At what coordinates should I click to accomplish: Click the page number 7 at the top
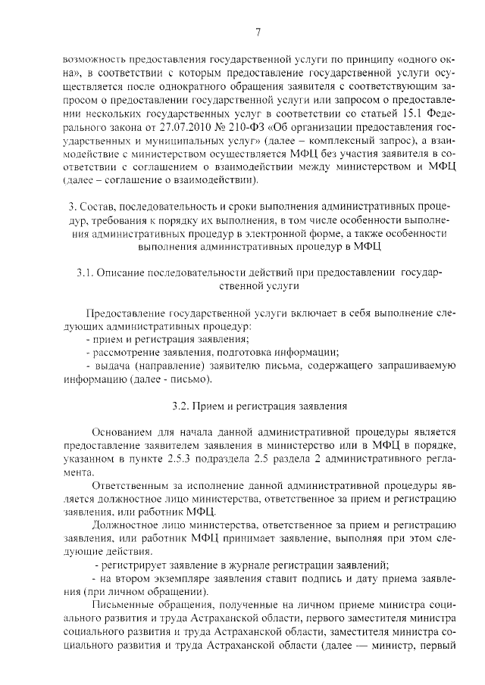coord(258,31)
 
